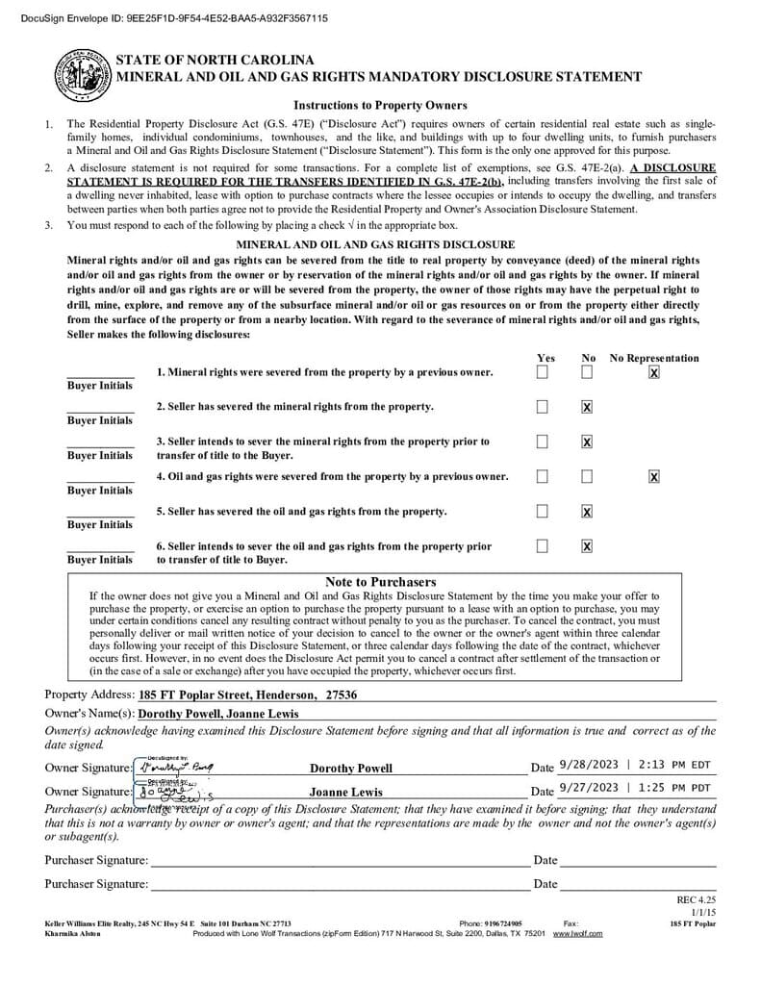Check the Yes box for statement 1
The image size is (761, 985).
click(x=543, y=371)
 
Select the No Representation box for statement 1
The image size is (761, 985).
click(x=654, y=371)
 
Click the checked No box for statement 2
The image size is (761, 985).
click(x=587, y=407)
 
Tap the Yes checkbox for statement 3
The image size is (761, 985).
click(x=543, y=442)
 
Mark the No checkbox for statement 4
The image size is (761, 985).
click(x=587, y=476)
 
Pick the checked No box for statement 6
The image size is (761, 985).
click(x=587, y=546)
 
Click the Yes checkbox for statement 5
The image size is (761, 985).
click(x=543, y=511)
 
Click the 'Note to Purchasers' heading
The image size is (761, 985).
click(x=380, y=582)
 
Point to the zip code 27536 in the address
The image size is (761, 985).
click(x=342, y=695)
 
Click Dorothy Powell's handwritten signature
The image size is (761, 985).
click(x=176, y=767)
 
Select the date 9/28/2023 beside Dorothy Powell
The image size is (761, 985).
click(x=589, y=765)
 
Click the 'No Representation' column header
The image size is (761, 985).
click(x=654, y=358)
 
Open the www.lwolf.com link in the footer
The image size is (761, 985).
click(x=577, y=933)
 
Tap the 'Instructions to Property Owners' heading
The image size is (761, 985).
click(x=380, y=105)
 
